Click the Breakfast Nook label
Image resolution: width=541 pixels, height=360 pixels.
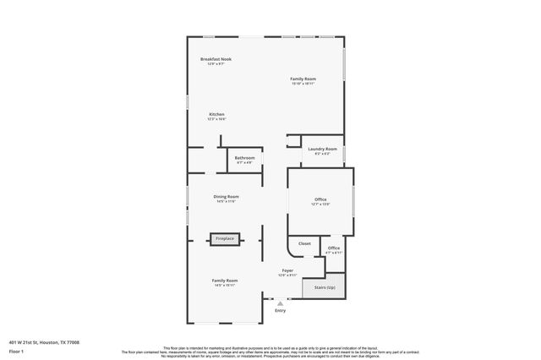pyautogui.click(x=216, y=59)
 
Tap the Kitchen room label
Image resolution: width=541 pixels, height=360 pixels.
pyautogui.click(x=217, y=114)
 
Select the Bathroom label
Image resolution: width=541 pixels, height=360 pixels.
pyautogui.click(x=244, y=157)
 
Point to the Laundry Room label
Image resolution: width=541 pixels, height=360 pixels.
pyautogui.click(x=322, y=149)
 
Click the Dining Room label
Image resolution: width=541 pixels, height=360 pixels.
pyautogui.click(x=226, y=196)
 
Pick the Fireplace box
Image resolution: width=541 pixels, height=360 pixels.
pyautogui.click(x=225, y=239)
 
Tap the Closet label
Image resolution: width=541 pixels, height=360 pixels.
pyautogui.click(x=304, y=243)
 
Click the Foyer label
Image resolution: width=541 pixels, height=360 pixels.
pyautogui.click(x=287, y=270)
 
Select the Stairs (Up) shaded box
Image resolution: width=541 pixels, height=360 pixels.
pyautogui.click(x=324, y=288)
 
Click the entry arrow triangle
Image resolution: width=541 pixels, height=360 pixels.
pyautogui.click(x=281, y=303)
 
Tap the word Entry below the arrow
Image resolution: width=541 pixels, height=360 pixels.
pyautogui.click(x=281, y=310)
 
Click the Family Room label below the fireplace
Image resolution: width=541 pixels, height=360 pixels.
pyautogui.click(x=225, y=280)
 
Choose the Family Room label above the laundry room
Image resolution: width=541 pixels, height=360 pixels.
pyautogui.click(x=303, y=79)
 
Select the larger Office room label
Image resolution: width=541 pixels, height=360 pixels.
pyautogui.click(x=320, y=199)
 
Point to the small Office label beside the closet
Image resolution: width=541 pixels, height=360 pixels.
pyautogui.click(x=334, y=248)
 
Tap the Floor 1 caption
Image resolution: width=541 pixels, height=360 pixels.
pyautogui.click(x=16, y=350)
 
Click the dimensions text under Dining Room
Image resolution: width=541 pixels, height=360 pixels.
pyautogui.click(x=226, y=201)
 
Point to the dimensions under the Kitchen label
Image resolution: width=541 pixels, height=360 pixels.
pyautogui.click(x=217, y=119)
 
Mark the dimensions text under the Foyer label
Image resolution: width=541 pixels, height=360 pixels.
pyautogui.click(x=287, y=275)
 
